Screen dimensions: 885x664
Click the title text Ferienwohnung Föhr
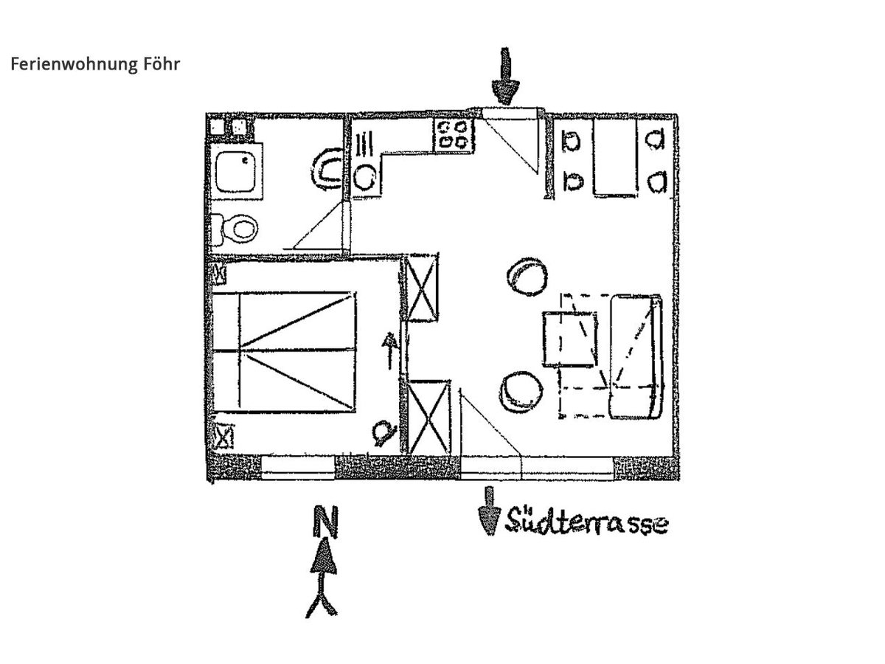coord(95,64)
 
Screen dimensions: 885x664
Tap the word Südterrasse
coord(587,522)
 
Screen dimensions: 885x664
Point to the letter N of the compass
coord(321,523)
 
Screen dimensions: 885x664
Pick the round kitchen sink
coord(364,176)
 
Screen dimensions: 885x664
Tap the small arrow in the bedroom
coord(389,351)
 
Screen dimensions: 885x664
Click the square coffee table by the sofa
coord(570,338)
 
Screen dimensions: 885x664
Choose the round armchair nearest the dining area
coord(528,276)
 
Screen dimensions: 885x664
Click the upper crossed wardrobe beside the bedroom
coord(424,288)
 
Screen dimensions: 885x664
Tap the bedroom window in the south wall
coord(298,468)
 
